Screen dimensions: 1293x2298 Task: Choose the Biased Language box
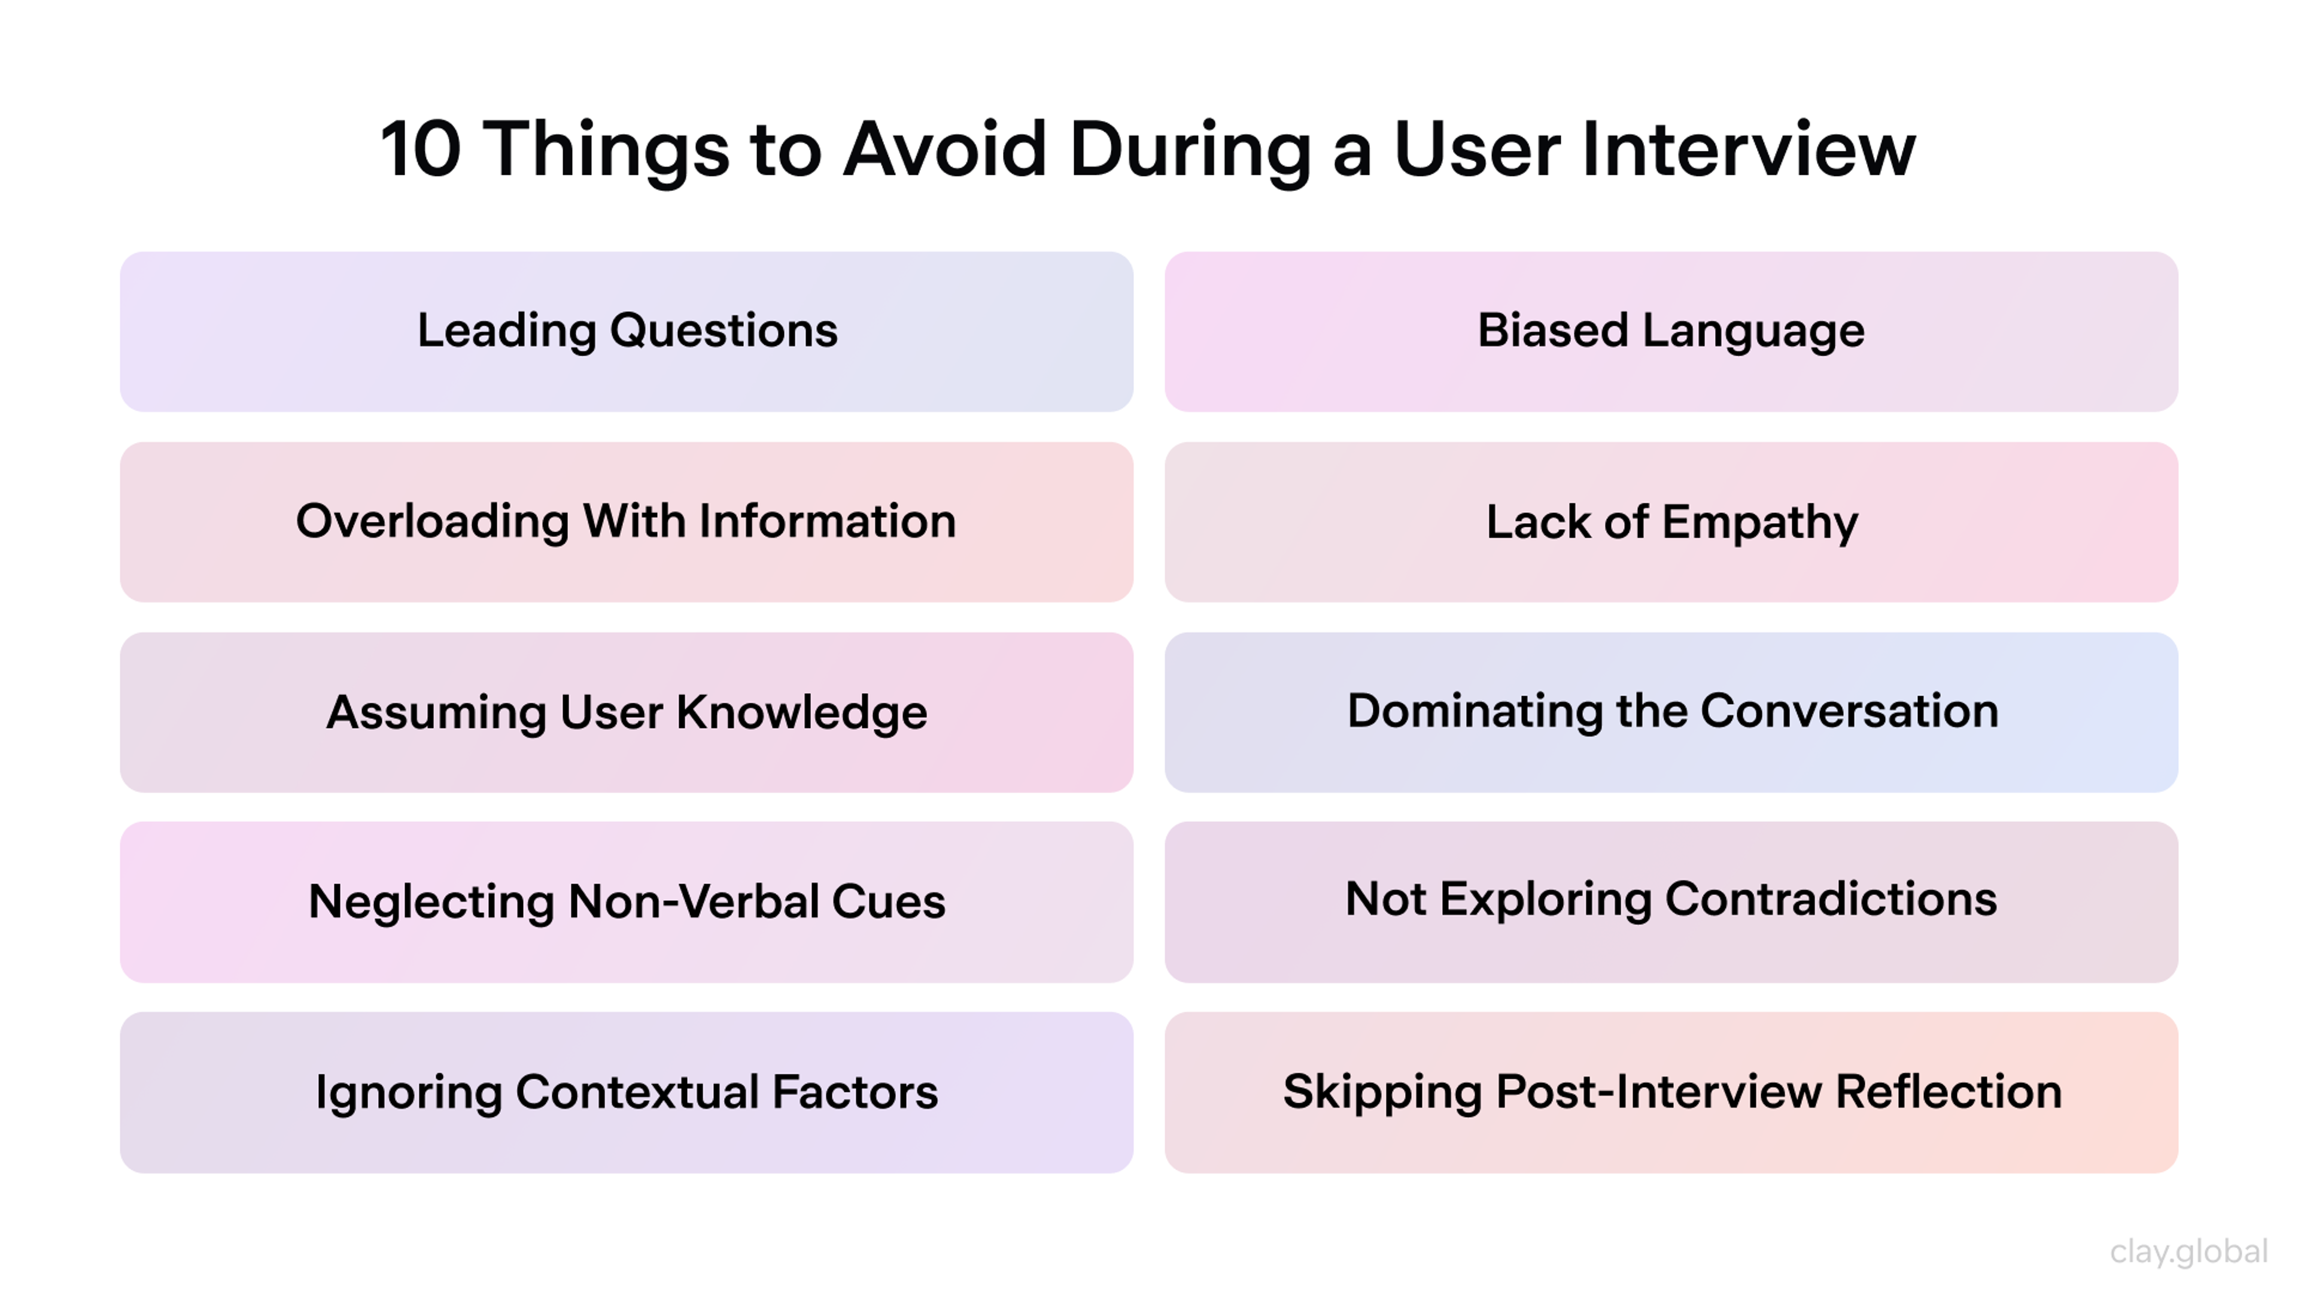1670,331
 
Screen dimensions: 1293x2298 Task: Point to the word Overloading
431,521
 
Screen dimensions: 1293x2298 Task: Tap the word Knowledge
801,713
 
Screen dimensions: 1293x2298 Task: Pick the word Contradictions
1831,900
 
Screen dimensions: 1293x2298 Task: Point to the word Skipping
1382,1093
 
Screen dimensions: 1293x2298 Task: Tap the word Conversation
1849,711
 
